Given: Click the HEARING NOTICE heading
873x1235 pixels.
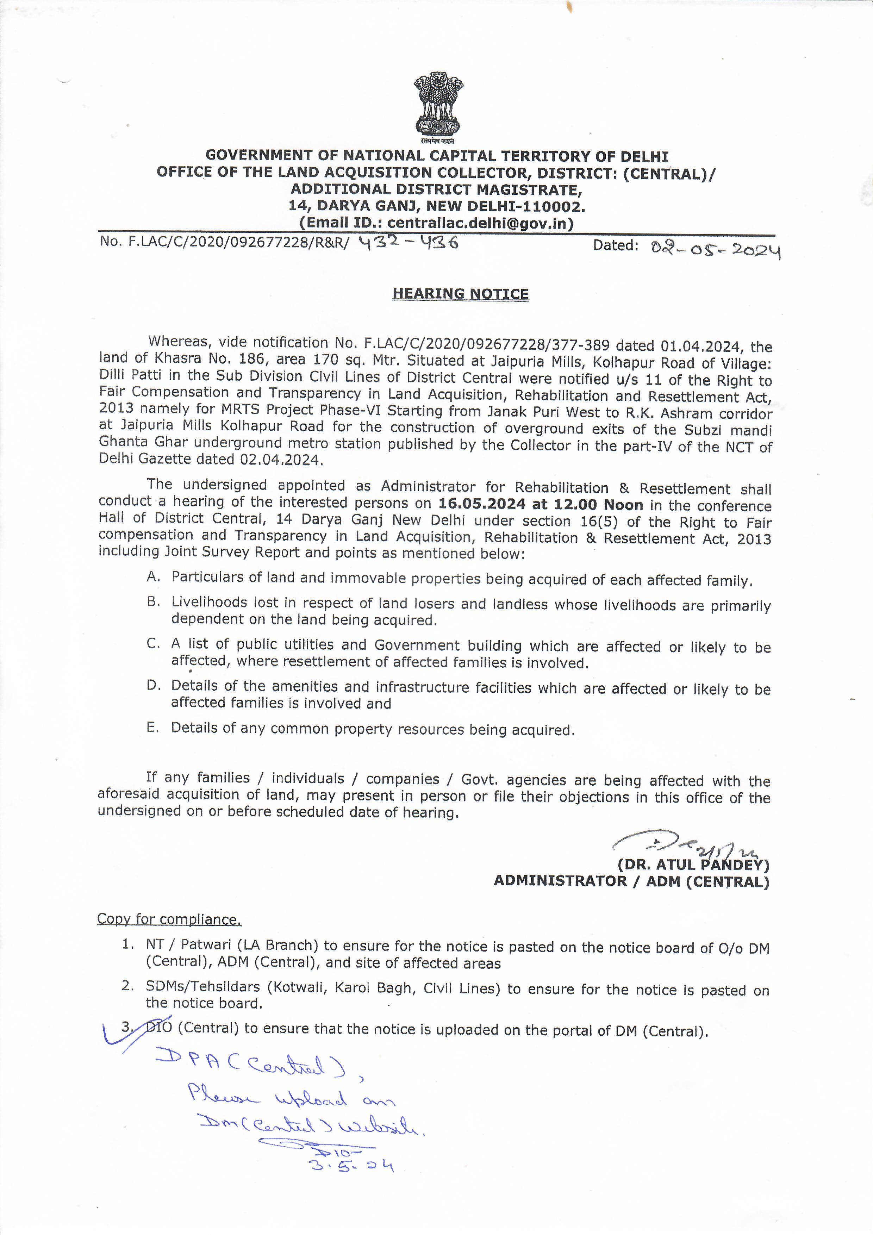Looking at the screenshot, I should coord(460,294).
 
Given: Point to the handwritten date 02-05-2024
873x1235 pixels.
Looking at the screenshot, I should coord(715,249).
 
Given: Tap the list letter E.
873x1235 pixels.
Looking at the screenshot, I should coord(153,727).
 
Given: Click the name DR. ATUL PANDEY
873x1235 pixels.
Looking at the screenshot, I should coord(693,865).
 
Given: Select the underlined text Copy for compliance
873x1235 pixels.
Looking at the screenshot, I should coord(169,919).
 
